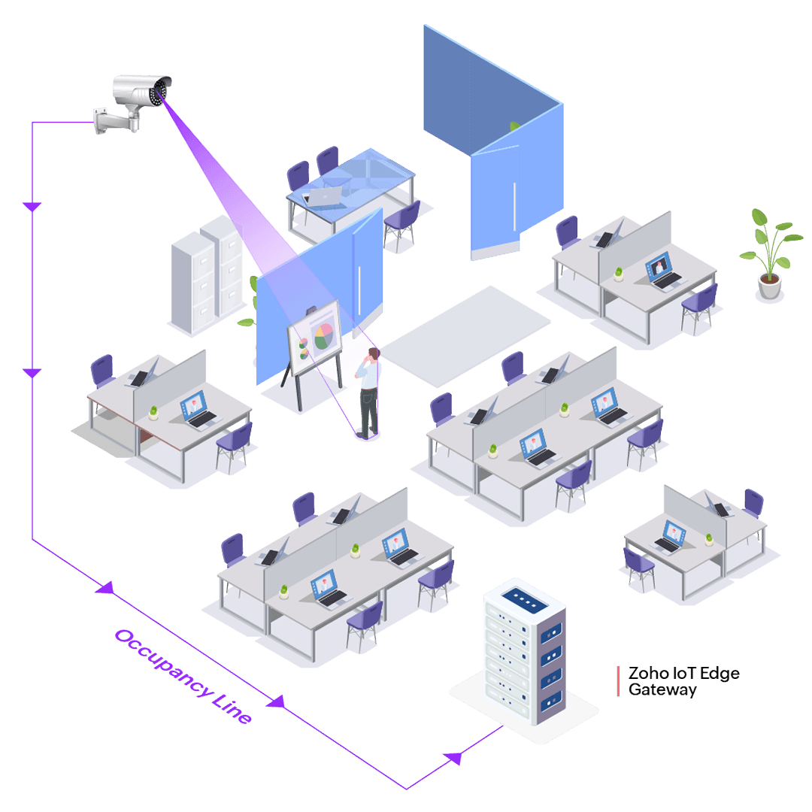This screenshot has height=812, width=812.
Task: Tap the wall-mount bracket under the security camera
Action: [x=110, y=121]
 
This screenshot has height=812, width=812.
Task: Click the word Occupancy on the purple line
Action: [x=154, y=662]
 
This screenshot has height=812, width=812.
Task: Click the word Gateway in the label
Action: [x=662, y=689]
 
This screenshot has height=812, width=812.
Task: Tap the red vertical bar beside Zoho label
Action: [x=618, y=680]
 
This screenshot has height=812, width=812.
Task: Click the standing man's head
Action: [x=372, y=356]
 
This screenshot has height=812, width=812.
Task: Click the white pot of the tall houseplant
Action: [x=769, y=286]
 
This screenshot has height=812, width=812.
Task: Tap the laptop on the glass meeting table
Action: [x=324, y=198]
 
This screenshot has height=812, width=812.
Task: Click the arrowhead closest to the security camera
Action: [x=32, y=205]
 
